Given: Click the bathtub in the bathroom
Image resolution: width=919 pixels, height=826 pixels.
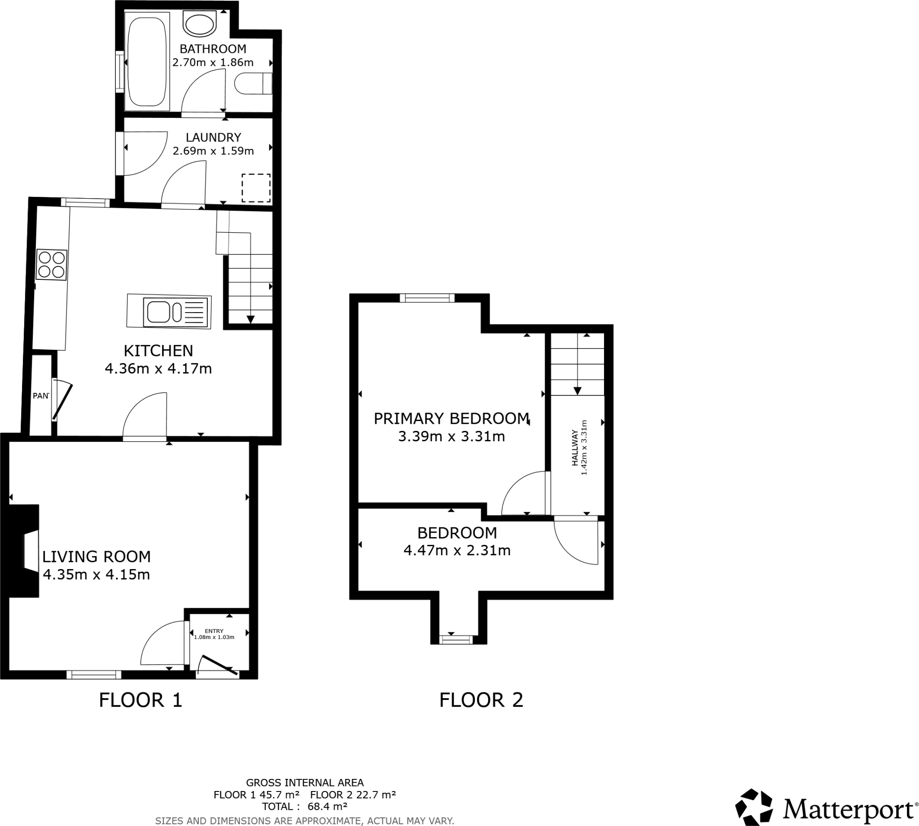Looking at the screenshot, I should point(147,61).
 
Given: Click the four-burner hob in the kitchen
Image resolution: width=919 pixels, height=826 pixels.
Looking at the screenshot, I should point(51,265).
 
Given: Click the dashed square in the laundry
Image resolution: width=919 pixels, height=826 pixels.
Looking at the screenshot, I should point(256,188).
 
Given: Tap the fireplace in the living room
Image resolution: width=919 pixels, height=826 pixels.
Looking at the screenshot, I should point(25,551).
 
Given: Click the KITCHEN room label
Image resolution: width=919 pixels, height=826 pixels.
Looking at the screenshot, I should point(158,351).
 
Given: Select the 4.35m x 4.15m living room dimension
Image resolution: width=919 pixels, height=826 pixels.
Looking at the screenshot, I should point(96,574).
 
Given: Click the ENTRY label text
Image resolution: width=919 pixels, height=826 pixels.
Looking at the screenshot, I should point(214,631).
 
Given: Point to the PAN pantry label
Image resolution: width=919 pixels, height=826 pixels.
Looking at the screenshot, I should point(40,396).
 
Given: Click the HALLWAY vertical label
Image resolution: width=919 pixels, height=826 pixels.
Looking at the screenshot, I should point(575,448).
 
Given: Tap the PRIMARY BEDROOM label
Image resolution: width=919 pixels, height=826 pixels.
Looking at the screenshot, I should point(451,418).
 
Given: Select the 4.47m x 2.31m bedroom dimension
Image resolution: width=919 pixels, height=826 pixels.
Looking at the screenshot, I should point(457,551).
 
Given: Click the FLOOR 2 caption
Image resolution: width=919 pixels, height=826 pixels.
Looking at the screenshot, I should point(481,700).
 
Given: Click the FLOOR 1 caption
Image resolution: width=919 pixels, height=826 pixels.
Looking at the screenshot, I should point(140,700).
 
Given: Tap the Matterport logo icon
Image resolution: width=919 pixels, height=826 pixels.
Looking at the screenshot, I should point(754,807).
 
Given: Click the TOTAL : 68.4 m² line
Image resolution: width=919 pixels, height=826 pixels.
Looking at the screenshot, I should point(304,806).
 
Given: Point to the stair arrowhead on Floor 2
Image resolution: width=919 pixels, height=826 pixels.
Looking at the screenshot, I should point(578,391).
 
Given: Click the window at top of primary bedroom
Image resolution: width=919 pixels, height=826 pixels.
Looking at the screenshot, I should point(427,298).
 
